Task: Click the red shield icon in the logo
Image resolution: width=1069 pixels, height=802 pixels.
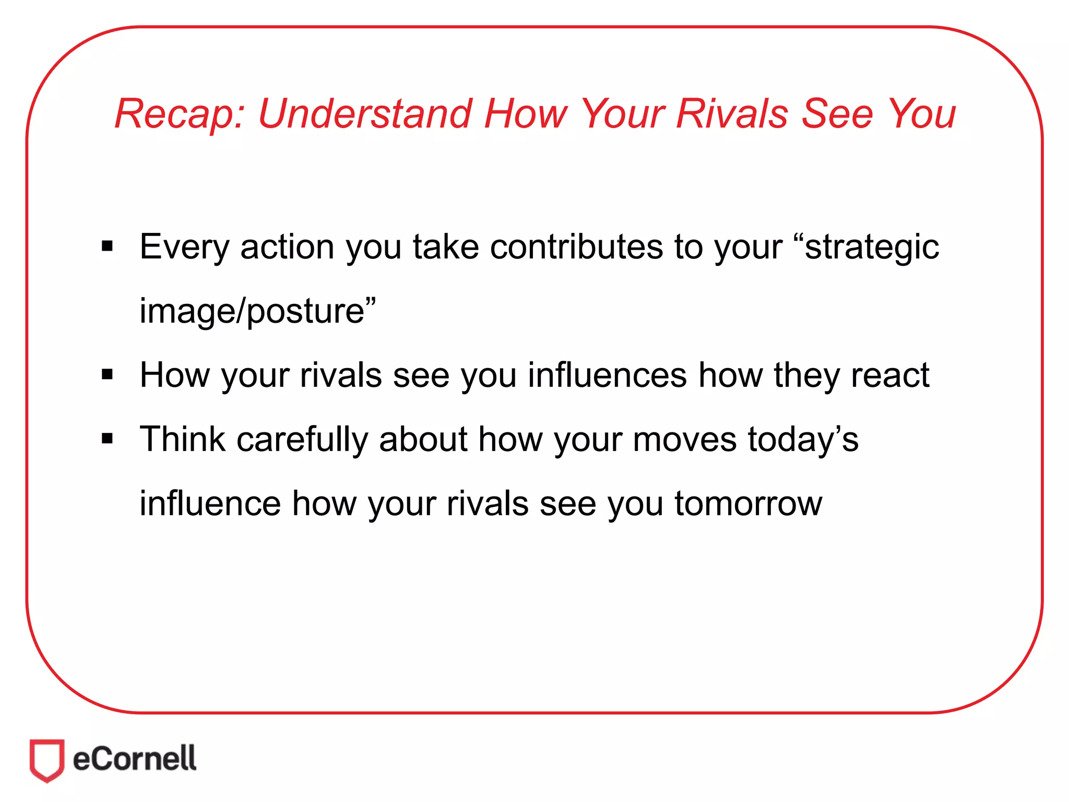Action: tap(47, 760)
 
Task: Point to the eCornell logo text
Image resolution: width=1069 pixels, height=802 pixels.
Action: tap(135, 759)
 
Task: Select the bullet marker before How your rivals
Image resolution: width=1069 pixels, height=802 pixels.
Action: tap(108, 374)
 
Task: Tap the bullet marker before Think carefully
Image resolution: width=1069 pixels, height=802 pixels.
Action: tap(108, 439)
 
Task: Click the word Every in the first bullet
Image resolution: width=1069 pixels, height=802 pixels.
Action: tap(184, 246)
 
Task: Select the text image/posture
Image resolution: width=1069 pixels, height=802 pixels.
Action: tap(257, 311)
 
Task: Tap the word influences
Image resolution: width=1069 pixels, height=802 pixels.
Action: tap(607, 375)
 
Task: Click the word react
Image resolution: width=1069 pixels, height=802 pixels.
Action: tap(890, 375)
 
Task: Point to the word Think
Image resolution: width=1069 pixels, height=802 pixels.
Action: tap(183, 439)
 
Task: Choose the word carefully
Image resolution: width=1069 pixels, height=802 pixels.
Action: tap(302, 440)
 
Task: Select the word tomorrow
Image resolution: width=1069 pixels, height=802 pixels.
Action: tap(748, 504)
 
